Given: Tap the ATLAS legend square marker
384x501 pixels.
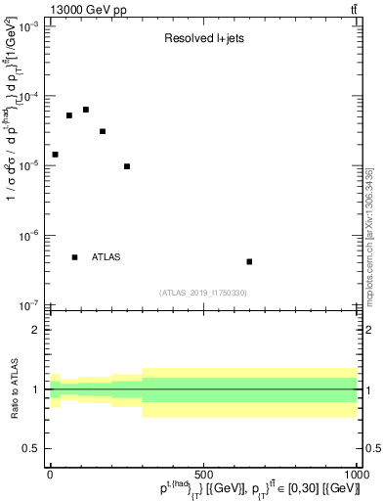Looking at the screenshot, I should [x=74, y=257].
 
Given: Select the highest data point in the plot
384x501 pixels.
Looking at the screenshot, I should [x=86, y=110].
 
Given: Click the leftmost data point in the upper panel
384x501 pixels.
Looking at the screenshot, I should [x=55, y=155].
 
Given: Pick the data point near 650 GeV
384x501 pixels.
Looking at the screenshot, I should [x=249, y=261].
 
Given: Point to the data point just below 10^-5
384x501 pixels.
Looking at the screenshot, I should [x=127, y=166].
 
